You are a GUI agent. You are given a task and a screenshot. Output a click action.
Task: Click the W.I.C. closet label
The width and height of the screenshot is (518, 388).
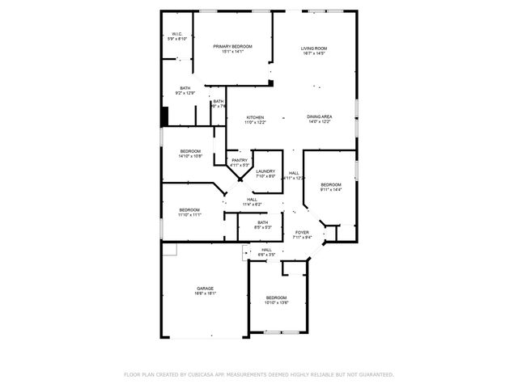177,34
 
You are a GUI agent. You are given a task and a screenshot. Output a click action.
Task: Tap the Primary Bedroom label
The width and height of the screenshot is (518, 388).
232,47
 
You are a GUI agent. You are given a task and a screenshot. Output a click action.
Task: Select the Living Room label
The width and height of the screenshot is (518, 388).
313,49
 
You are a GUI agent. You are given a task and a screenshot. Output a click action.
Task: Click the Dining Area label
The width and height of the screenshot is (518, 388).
319,118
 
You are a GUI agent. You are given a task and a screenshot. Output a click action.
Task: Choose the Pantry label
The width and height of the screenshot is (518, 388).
240,160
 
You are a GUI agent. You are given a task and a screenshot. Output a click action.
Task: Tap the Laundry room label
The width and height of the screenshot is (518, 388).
265,171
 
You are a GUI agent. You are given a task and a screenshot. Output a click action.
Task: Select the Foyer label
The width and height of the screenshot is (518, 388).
301,233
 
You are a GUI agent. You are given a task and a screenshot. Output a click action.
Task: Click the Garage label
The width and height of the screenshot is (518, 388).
205,289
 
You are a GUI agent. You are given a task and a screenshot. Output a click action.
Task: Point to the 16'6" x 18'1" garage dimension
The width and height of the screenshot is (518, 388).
205,294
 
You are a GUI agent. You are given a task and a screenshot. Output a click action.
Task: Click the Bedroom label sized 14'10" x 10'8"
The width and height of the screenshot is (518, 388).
190,152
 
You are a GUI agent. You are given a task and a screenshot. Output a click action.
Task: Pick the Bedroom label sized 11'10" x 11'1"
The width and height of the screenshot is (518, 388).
189,210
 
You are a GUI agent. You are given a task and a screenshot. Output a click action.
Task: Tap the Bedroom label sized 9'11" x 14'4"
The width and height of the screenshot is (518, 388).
331,185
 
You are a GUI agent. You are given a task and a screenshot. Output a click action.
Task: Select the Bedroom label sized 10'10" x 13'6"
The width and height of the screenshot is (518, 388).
276,298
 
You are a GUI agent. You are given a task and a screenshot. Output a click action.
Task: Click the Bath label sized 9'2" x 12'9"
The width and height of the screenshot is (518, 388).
185,88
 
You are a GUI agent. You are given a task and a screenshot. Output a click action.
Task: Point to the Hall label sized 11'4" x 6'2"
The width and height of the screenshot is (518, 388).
252,200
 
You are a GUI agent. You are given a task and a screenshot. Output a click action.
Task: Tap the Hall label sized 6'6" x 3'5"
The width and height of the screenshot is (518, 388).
266,251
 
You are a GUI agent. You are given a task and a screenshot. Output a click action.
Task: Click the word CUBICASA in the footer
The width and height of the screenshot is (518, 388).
208,375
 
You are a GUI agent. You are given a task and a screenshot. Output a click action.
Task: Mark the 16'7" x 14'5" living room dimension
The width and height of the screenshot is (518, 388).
313,54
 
